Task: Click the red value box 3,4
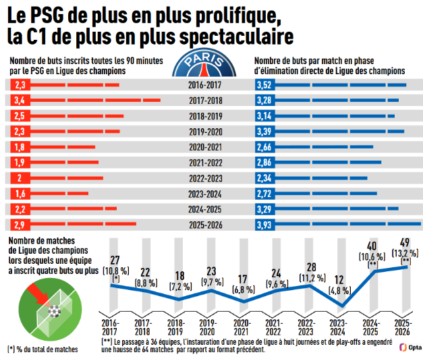(20, 101)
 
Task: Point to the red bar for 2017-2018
(95, 101)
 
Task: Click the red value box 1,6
(20, 194)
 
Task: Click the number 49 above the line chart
(405, 243)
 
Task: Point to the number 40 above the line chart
(372, 246)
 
